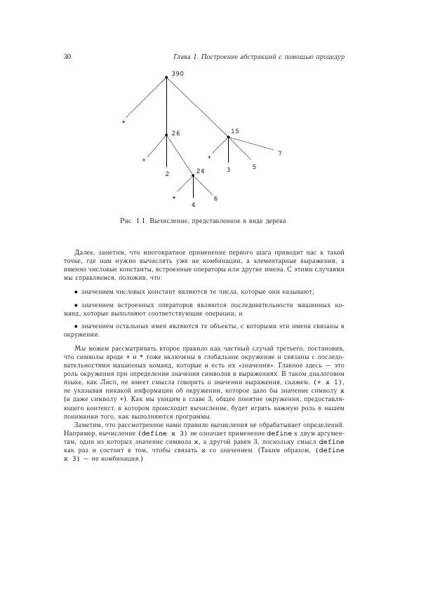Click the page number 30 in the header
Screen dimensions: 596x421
coord(67,57)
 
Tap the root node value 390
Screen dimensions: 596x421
coord(177,74)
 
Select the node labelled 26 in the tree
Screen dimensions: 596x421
coord(175,133)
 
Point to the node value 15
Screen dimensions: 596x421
coord(235,131)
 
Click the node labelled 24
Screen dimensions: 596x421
coord(200,171)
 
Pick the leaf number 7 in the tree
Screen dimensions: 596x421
coord(279,153)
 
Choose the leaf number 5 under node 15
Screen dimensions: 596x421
coord(254,167)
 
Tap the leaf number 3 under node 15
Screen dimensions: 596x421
coord(228,170)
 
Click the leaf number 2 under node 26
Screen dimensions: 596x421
coord(167,173)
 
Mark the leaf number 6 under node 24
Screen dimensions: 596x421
coord(215,198)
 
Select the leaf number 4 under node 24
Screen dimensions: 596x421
coord(193,205)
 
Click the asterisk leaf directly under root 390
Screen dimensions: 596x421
coord(123,122)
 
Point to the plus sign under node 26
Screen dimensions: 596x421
coord(144,160)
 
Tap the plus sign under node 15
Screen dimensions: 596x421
coord(209,156)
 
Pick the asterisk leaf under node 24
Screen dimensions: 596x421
coord(174,198)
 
